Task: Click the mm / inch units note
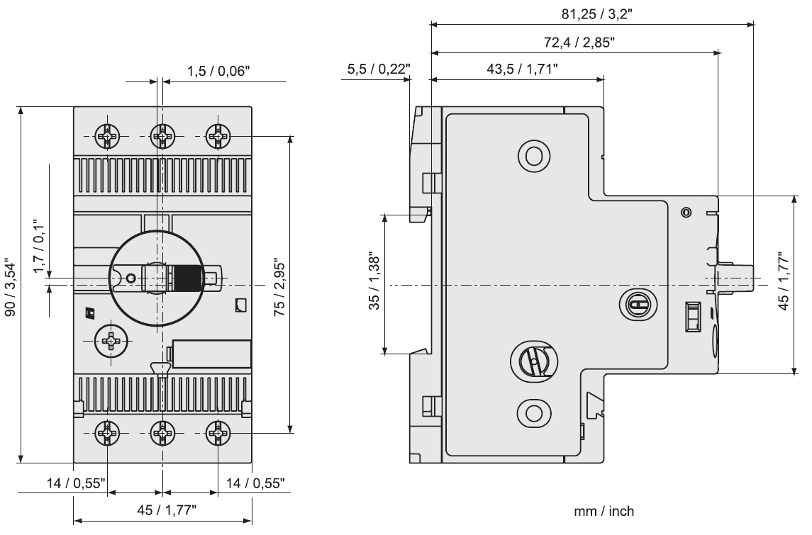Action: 604,510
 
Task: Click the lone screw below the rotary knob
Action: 109,341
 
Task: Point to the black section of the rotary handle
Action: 188,278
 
